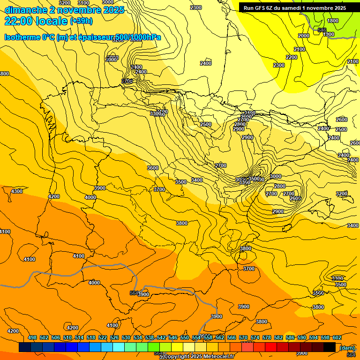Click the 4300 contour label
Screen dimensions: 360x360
17,191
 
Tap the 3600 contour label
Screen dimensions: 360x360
153,168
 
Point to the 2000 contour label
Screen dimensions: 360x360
304,36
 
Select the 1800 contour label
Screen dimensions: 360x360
333,21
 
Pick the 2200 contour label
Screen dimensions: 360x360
292,57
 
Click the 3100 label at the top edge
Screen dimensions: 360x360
83,3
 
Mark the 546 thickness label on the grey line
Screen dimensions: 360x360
322,30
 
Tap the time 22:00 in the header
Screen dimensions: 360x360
19,21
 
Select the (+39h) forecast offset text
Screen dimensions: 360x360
81,21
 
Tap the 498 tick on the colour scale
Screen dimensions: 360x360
32,338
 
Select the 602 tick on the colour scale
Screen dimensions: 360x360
337,338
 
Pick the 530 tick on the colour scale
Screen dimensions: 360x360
126,338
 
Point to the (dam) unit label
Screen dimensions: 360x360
347,348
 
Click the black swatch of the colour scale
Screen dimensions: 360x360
330,347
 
